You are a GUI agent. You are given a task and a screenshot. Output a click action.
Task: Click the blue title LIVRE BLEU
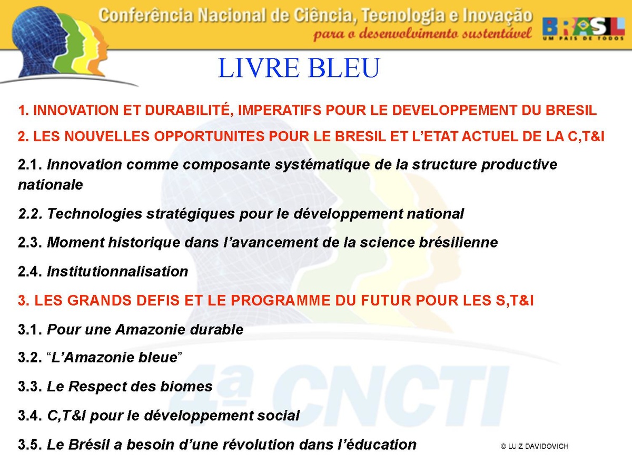coord(299,68)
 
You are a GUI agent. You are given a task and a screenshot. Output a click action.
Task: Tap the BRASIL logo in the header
coord(584,29)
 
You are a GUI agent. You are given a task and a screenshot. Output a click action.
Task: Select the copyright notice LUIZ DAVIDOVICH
coord(535,447)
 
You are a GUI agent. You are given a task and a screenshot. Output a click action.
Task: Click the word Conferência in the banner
coord(146,15)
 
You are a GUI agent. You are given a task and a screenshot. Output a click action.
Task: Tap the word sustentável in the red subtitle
coord(497,34)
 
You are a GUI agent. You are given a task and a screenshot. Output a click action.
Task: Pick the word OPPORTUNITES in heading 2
coord(209,136)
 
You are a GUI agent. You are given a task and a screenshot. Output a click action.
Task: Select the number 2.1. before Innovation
coord(30,165)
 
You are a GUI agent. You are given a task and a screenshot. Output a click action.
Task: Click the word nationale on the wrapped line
coord(51,185)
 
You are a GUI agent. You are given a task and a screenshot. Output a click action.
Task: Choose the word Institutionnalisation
coord(117,271)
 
